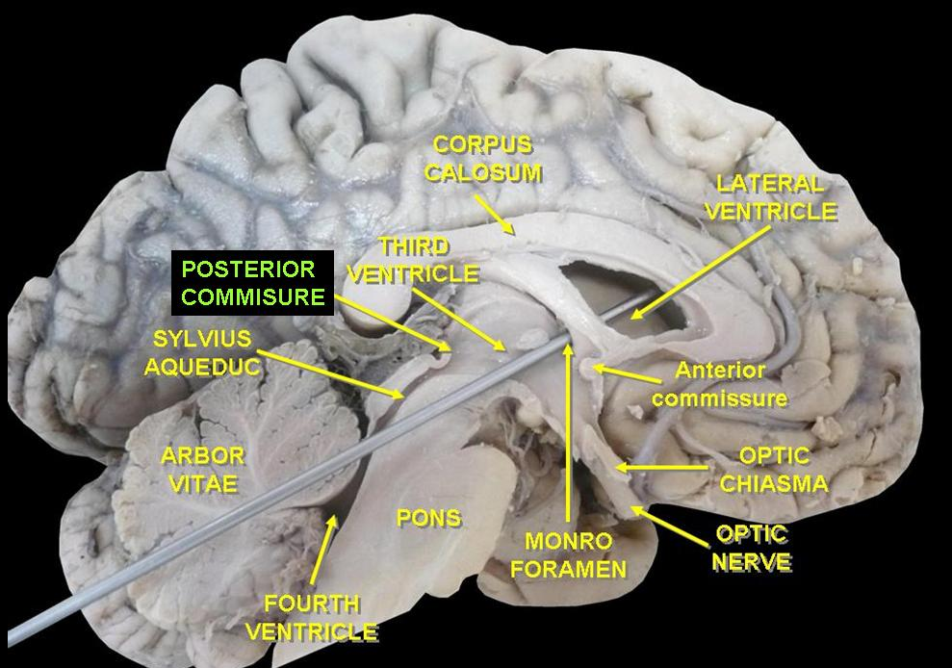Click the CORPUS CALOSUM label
(488, 159)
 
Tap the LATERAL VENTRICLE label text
(771, 197)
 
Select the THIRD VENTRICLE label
(413, 260)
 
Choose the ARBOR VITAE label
(202, 469)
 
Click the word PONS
(428, 518)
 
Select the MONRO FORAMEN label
(568, 554)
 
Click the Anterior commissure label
(719, 383)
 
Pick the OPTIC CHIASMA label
(774, 469)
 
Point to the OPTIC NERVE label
(752, 547)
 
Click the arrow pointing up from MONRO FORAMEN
(568, 433)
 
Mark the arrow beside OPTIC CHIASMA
(664, 469)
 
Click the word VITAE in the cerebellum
(202, 483)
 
